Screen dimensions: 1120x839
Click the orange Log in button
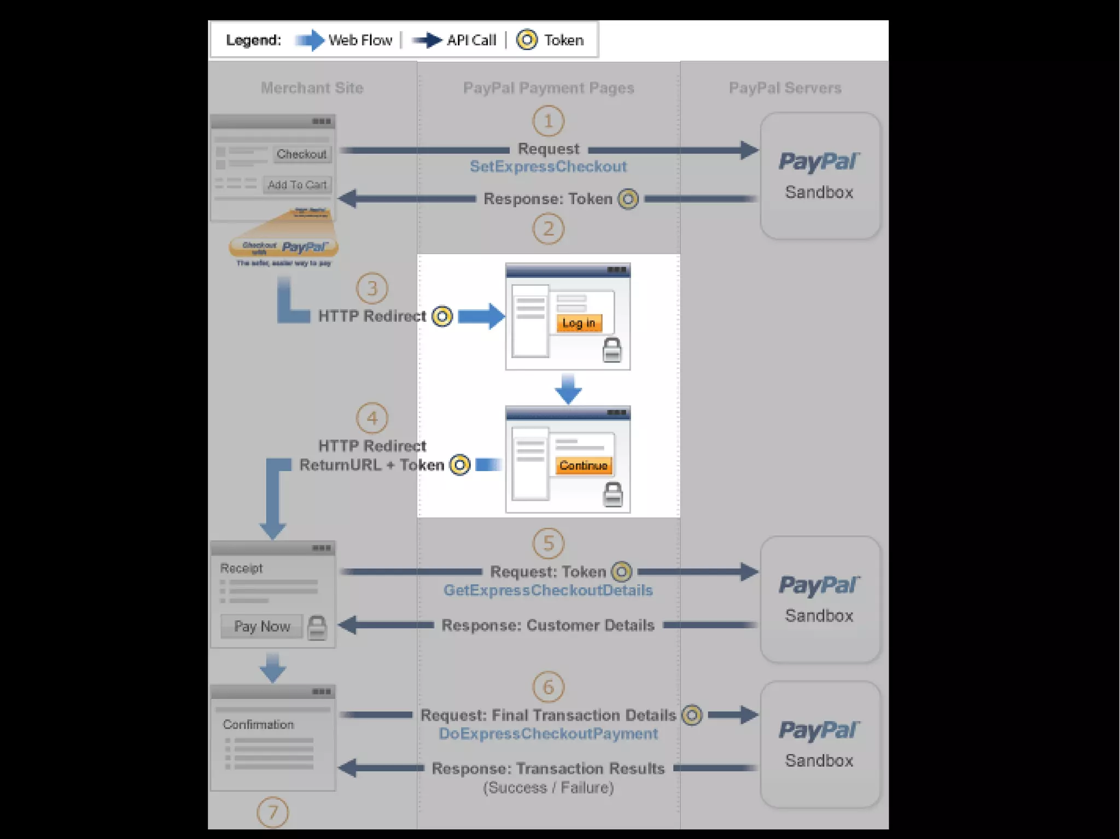point(579,323)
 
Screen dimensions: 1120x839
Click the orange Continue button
point(583,466)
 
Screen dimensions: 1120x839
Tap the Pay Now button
point(261,626)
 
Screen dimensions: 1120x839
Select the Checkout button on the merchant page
point(301,154)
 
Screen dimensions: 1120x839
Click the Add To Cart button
point(297,185)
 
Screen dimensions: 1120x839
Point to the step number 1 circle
point(548,121)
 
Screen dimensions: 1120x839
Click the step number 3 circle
point(372,288)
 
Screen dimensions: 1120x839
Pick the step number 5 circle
point(548,543)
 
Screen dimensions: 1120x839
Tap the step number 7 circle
point(272,813)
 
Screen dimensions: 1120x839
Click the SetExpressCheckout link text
point(548,167)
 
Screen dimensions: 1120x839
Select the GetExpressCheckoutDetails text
point(548,590)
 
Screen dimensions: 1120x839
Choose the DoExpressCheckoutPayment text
point(548,734)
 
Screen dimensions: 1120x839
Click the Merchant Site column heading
point(312,88)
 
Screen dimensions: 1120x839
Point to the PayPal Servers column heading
point(785,88)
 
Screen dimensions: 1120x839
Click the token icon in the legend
point(527,40)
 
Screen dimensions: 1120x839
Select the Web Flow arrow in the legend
point(310,40)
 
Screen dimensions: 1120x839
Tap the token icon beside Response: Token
point(628,199)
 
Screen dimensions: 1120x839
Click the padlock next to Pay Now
point(317,627)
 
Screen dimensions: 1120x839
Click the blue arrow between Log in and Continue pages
point(568,389)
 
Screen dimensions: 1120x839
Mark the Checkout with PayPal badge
point(284,247)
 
